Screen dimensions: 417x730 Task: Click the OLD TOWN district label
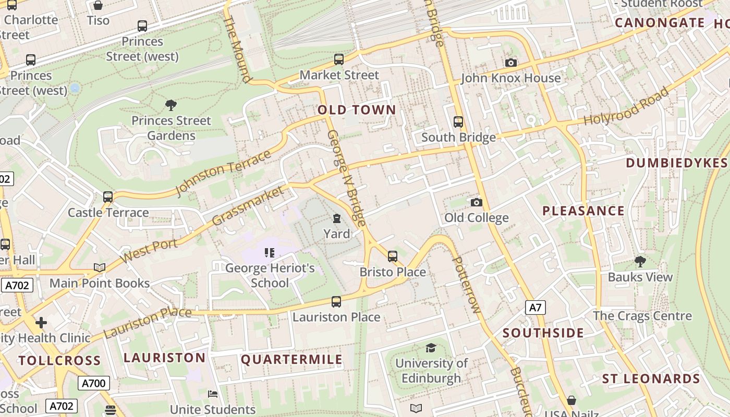[357, 110]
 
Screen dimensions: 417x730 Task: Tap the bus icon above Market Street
[339, 59]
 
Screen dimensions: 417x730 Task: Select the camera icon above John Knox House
[511, 63]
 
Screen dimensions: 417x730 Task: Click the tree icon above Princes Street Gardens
[171, 105]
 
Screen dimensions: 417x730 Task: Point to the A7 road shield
[536, 308]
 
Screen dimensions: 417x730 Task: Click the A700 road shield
[94, 384]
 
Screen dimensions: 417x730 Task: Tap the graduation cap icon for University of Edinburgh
[431, 348]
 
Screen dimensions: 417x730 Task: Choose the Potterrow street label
[465, 285]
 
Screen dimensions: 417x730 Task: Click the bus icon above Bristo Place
[392, 256]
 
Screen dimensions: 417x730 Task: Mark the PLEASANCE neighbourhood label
[583, 211]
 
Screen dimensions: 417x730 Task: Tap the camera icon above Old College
[476, 203]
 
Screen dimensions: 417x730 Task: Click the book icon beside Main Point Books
[99, 268]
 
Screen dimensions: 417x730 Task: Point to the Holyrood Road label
[626, 106]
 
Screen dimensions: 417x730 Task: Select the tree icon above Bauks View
[640, 262]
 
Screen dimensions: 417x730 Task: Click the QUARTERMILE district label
[291, 360]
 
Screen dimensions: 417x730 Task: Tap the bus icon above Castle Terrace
[108, 197]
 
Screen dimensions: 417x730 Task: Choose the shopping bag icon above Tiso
[98, 6]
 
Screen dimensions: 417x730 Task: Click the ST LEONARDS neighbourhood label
[651, 379]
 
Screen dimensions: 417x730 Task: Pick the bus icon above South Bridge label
[458, 122]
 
